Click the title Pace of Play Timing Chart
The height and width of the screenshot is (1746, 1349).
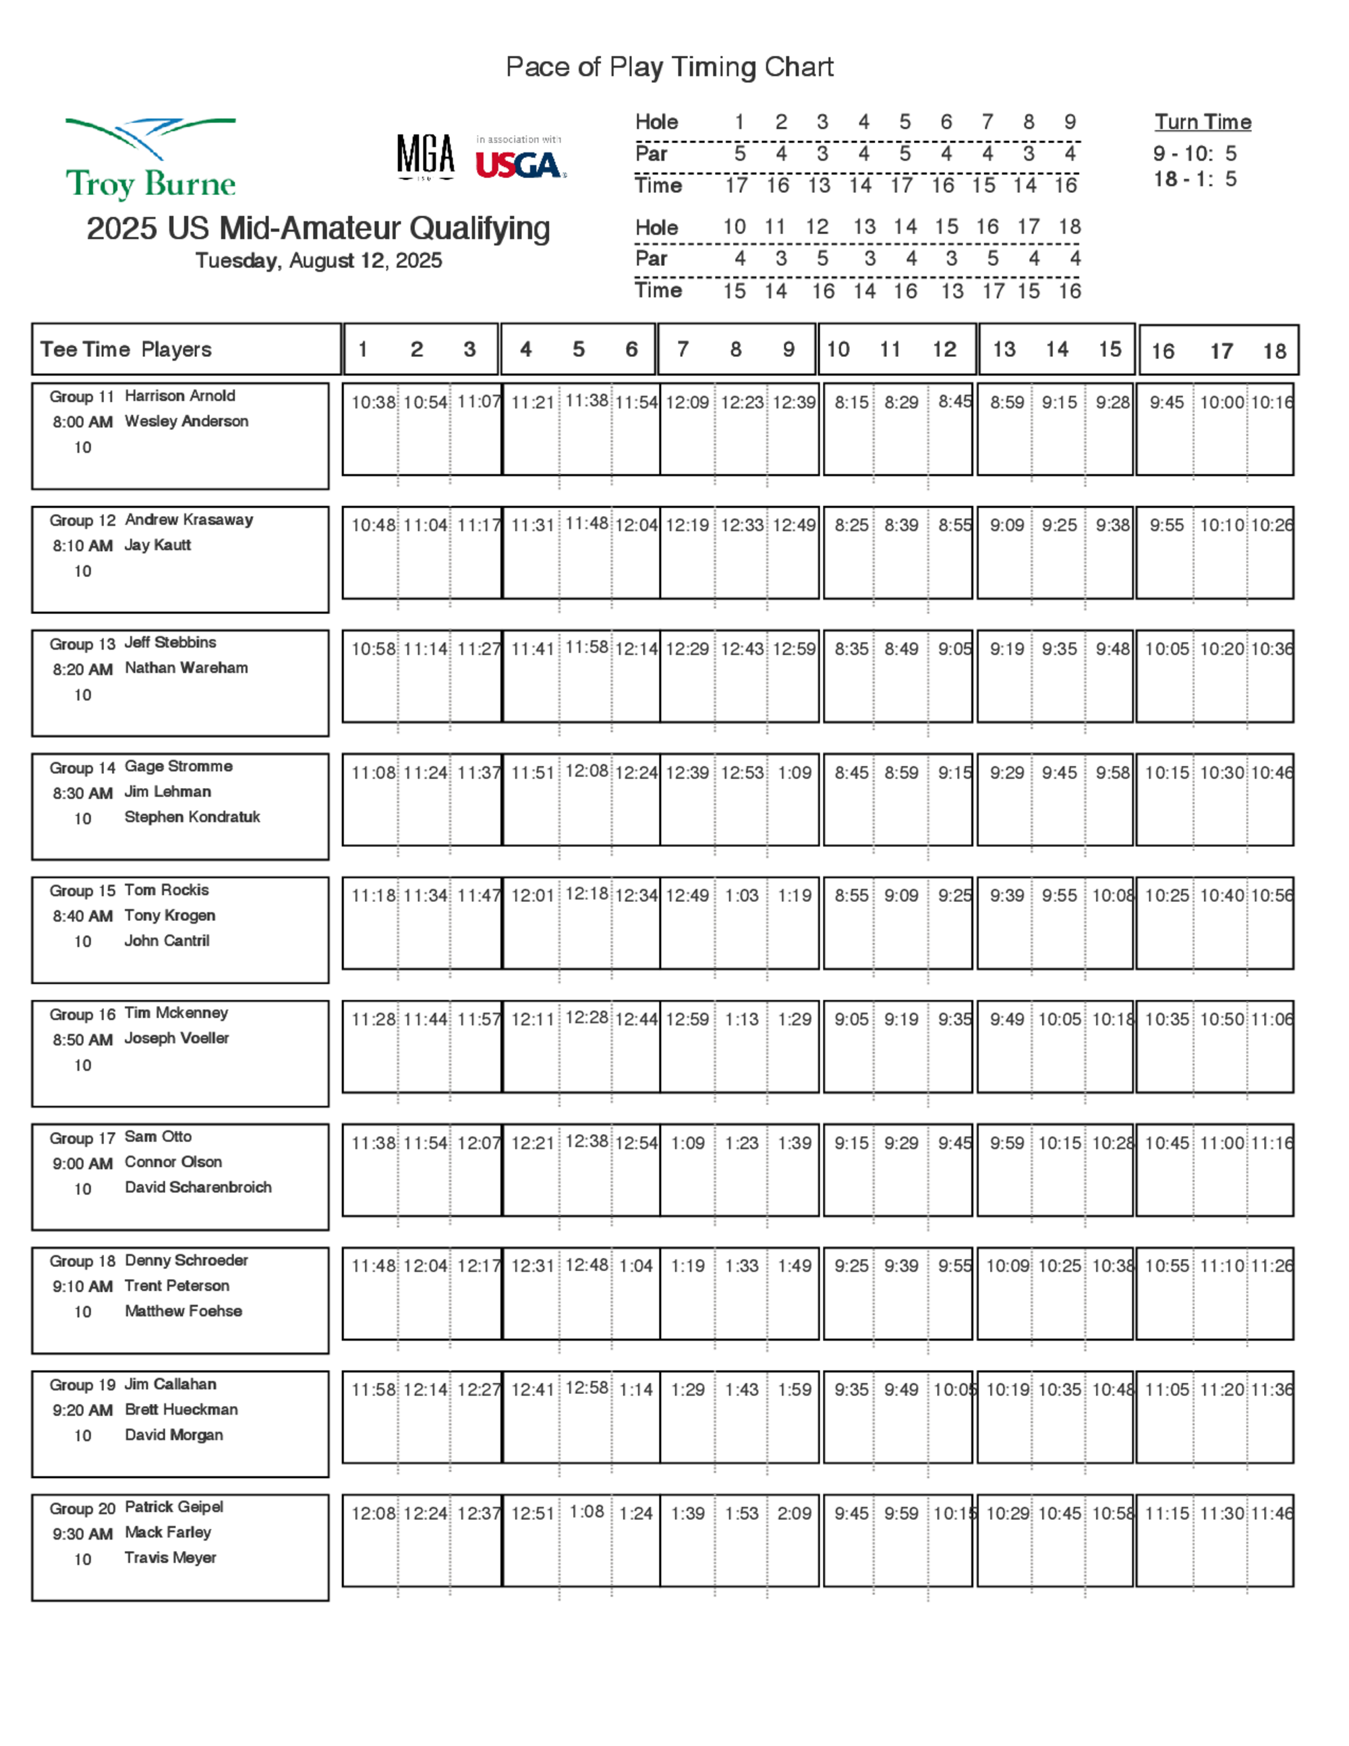[670, 67]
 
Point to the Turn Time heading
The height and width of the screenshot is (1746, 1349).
[1202, 122]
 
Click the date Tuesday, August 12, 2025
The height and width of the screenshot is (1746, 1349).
[318, 260]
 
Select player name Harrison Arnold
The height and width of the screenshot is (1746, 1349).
[180, 396]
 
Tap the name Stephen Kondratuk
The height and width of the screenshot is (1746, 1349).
[192, 817]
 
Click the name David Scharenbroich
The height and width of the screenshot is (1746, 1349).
[198, 1187]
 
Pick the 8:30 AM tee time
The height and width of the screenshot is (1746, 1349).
[82, 793]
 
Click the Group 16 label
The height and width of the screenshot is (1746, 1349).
[82, 1015]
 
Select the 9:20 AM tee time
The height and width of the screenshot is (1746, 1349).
[82, 1410]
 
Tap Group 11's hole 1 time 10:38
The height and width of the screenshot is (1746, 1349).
[373, 403]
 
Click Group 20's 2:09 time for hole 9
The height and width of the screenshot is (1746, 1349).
[794, 1513]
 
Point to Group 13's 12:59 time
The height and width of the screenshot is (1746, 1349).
[794, 649]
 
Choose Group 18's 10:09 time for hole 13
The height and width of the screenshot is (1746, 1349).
[1007, 1266]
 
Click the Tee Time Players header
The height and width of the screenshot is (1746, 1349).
[126, 349]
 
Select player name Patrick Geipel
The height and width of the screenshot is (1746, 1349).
[173, 1507]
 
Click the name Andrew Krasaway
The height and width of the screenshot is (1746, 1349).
[189, 519]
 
